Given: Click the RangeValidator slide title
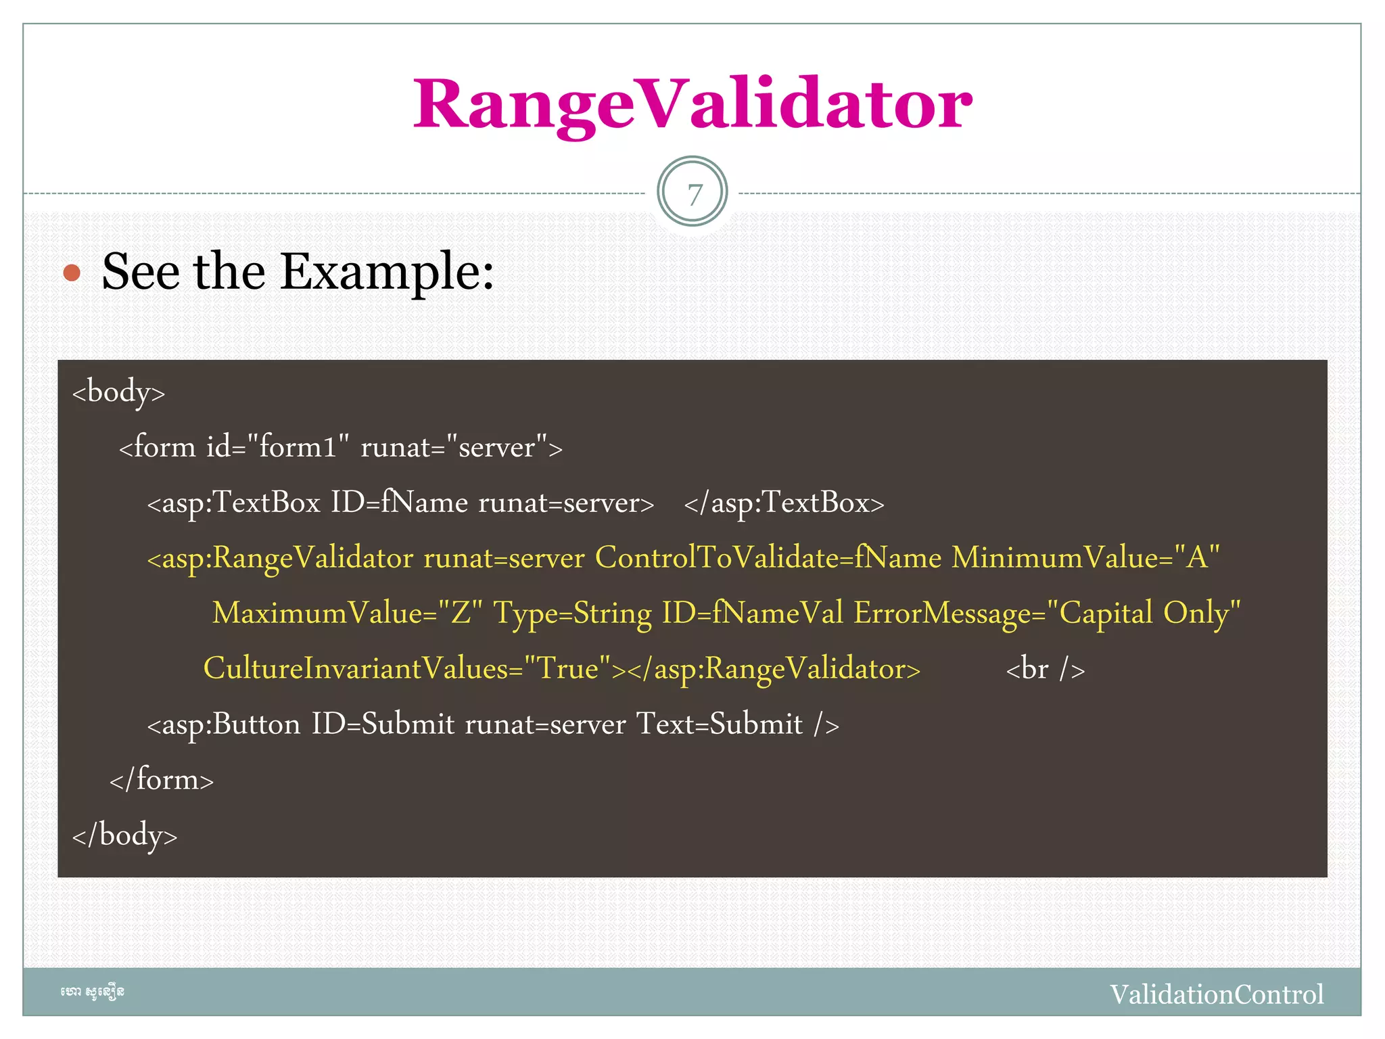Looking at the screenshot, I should click(692, 105).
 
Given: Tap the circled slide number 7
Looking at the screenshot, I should click(692, 193).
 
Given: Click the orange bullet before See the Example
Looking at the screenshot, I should click(72, 273).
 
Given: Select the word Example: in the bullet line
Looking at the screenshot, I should click(387, 272).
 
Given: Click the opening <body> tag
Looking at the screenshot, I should click(119, 392).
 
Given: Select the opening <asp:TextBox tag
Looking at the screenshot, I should click(233, 503).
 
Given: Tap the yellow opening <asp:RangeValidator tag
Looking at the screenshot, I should click(280, 558).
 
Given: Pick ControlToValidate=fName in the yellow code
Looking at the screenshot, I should click(768, 558).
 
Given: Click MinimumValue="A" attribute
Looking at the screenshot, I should click(1085, 558).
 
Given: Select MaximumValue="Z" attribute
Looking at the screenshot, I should click(348, 614).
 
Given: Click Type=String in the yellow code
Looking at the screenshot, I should click(573, 614).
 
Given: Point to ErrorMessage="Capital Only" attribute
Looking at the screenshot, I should click(1047, 614).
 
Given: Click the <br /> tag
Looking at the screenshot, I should click(1046, 669).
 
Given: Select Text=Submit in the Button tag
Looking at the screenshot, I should click(720, 724).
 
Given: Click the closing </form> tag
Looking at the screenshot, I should click(162, 780).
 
